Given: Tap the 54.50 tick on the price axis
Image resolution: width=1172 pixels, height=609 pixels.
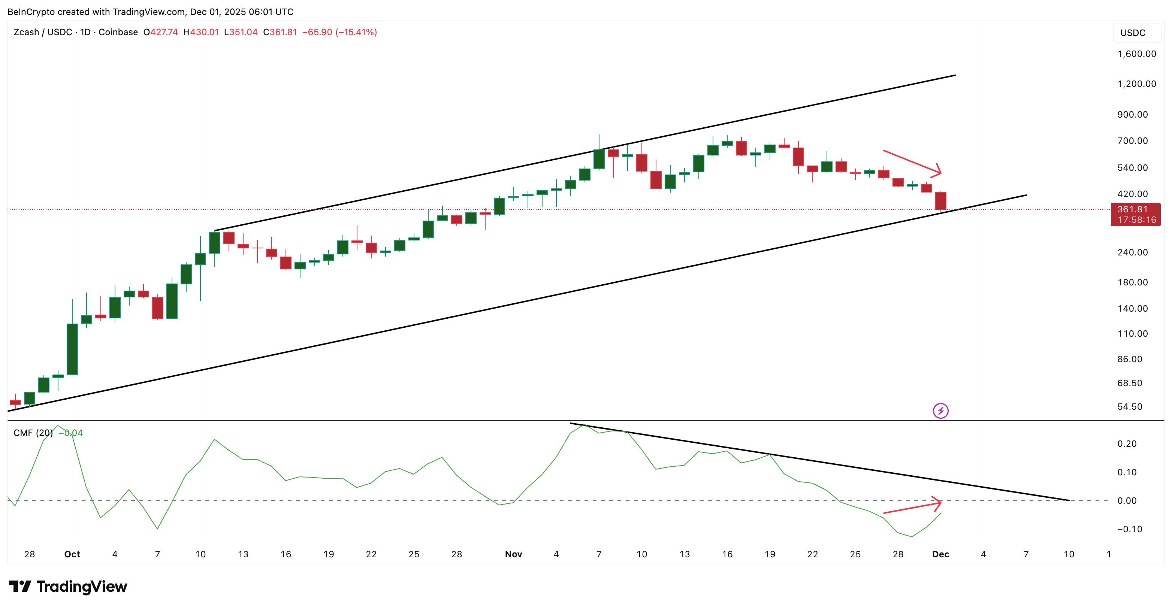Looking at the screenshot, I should pyautogui.click(x=1129, y=407).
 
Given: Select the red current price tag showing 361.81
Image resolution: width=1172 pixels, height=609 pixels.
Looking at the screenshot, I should pyautogui.click(x=1135, y=214).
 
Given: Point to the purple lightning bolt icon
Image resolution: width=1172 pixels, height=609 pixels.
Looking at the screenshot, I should pyautogui.click(x=940, y=411).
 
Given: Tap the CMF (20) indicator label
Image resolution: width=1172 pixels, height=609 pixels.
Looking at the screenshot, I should pyautogui.click(x=33, y=433).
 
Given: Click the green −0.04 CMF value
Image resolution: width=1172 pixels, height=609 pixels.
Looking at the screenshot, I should pyautogui.click(x=70, y=433).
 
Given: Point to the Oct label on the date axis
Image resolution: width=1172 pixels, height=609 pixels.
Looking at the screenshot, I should pyautogui.click(x=72, y=554).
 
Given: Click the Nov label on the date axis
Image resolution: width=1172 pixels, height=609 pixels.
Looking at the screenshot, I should pyautogui.click(x=513, y=554).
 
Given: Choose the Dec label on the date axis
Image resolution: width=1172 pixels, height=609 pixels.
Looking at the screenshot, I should pyautogui.click(x=940, y=554).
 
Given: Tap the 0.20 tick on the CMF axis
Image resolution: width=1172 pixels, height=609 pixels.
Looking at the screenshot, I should pyautogui.click(x=1127, y=443).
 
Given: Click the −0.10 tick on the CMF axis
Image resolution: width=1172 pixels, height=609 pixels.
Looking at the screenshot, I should pyautogui.click(x=1129, y=529).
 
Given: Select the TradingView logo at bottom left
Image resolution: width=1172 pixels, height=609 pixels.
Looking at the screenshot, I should pyautogui.click(x=68, y=586).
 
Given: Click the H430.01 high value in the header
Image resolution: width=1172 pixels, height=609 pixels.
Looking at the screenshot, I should pyautogui.click(x=201, y=32).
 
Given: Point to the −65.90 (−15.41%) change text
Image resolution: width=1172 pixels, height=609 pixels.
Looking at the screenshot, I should pyautogui.click(x=339, y=32).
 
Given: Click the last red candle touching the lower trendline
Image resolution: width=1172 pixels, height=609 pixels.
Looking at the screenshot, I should pyautogui.click(x=940, y=201).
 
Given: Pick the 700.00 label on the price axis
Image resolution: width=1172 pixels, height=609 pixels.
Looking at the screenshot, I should pyautogui.click(x=1132, y=140).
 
